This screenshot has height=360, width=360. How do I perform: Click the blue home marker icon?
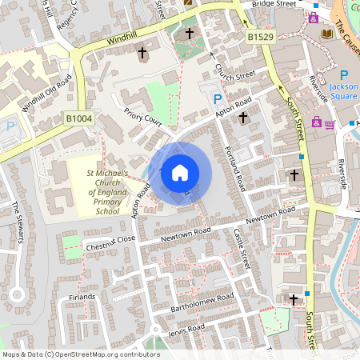(x=180, y=173)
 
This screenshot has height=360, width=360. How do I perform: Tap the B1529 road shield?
(x=259, y=37)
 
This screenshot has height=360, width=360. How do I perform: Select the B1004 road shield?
(x=79, y=119)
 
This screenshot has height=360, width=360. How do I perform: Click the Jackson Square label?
(x=343, y=90)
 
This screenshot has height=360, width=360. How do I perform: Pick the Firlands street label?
(x=82, y=297)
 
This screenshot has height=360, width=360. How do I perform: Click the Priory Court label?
(x=143, y=119)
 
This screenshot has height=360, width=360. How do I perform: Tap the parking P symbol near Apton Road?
(x=217, y=98)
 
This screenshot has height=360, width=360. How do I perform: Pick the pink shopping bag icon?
(x=317, y=122)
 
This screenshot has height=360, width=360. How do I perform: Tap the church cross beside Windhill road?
(x=143, y=54)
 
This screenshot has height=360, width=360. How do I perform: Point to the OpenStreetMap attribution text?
(x=80, y=354)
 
